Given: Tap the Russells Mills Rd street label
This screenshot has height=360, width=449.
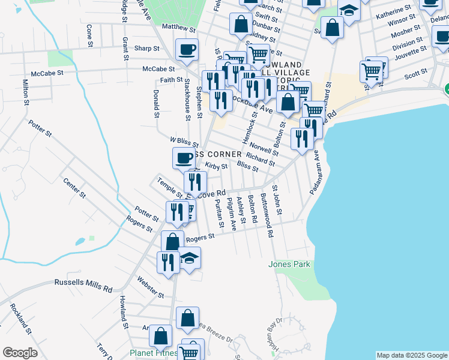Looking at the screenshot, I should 83,284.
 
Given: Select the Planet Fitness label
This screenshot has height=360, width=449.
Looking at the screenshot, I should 154,353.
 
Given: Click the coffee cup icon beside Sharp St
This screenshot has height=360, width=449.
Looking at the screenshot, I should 187,50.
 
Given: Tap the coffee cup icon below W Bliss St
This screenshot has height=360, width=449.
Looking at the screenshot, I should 184,158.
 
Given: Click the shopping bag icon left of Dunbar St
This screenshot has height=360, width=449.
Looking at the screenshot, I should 241,25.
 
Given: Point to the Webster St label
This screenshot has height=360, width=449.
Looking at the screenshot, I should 150,287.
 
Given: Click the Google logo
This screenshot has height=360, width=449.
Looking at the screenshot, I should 20,353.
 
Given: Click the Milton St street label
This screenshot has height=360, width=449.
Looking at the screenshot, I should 25,92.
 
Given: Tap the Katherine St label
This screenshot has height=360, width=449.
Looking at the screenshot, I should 394,14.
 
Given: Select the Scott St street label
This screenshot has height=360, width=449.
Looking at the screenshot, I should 415,75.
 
